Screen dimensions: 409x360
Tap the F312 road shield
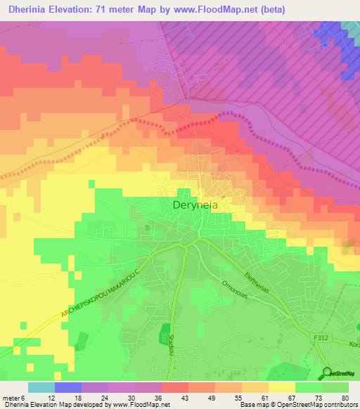[321, 337]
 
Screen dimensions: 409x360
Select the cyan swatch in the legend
[41, 387]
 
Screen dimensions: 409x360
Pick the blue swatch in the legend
[67, 387]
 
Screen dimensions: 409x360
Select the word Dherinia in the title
[29, 9]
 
